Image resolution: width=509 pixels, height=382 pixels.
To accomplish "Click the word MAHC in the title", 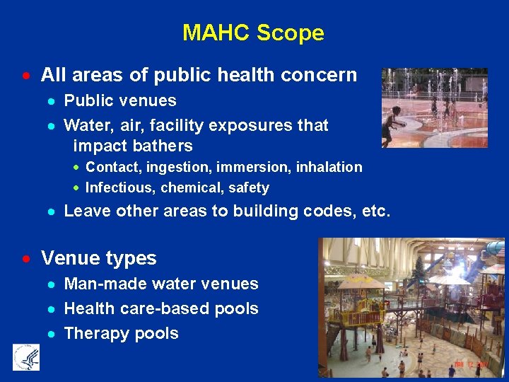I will pos(216,33).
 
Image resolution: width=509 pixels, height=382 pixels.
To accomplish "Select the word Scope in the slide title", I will pos(291,33).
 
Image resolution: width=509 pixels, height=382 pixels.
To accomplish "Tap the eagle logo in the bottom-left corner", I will pos(26,357).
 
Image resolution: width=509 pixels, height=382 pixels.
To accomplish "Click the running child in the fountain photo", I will pos(390,124).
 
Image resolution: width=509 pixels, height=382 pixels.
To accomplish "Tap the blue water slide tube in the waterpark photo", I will pos(496,248).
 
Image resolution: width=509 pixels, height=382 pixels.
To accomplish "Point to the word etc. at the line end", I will pos(375,211).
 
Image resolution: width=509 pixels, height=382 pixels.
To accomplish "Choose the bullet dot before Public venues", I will pos(52,101).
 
